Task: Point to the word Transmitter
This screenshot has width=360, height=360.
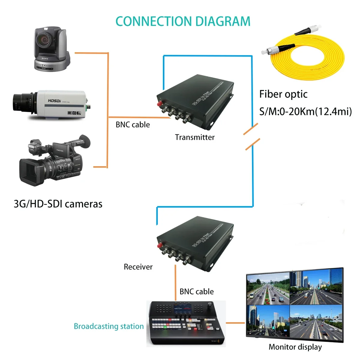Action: pyautogui.click(x=195, y=137)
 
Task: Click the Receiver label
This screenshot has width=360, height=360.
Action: pyautogui.click(x=138, y=267)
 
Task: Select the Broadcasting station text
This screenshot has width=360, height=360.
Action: pyautogui.click(x=109, y=326)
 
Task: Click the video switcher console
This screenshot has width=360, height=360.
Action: pyautogui.click(x=186, y=324)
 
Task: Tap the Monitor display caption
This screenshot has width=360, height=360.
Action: pyautogui.click(x=295, y=347)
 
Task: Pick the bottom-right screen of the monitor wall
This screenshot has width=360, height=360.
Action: pyautogui.click(x=316, y=322)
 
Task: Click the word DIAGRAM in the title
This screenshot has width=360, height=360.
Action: pyautogui.click(x=223, y=22)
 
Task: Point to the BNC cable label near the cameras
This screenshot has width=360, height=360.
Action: pyautogui.click(x=133, y=124)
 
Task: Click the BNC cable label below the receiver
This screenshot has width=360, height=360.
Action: pyautogui.click(x=196, y=292)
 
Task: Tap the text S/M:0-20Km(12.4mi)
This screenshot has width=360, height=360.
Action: pyautogui.click(x=305, y=112)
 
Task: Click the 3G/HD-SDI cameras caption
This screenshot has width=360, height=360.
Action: pyautogui.click(x=58, y=204)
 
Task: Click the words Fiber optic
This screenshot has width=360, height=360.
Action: pyautogui.click(x=283, y=94)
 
